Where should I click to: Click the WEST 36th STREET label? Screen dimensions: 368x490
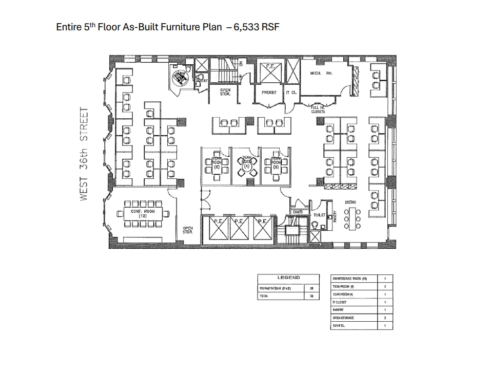(85, 154)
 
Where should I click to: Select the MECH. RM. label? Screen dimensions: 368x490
(321, 73)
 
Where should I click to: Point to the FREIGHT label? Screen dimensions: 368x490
(269, 93)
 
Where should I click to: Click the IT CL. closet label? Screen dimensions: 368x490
(291, 93)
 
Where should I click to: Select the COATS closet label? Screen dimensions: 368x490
(297, 212)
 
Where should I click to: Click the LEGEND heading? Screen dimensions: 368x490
(288, 278)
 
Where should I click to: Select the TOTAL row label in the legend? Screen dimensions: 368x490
(264, 296)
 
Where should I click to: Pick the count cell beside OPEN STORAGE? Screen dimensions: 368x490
(385, 318)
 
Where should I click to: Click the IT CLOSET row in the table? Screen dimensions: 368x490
(341, 302)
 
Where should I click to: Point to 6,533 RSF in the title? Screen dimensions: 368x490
(256, 27)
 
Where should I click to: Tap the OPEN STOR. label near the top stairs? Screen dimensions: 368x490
(225, 91)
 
